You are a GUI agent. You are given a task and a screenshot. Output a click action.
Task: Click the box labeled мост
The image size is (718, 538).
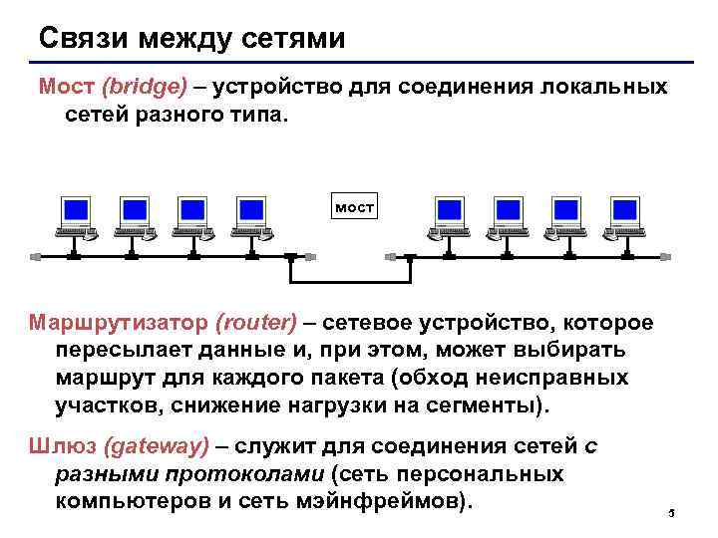(355, 207)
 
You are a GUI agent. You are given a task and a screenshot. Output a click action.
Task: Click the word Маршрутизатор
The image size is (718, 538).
(118, 323)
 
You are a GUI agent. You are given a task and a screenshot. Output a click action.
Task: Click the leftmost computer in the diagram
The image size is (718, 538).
(76, 218)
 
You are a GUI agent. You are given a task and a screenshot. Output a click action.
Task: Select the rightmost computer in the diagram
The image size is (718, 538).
(625, 218)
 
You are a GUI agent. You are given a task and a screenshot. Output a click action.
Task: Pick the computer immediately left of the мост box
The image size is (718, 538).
(251, 218)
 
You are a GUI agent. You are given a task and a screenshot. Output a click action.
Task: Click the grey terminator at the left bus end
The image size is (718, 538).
(36, 257)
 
